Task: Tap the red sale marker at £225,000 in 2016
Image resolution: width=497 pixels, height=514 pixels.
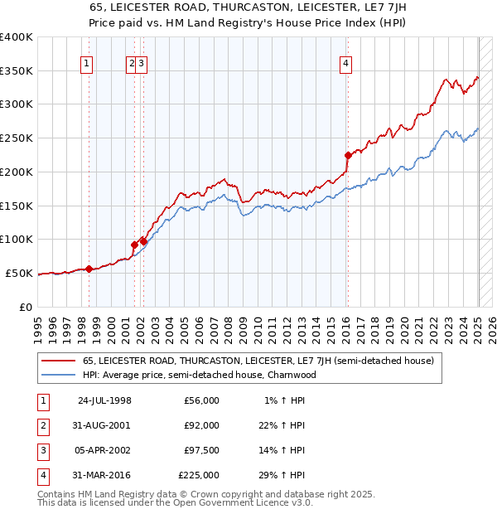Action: pyautogui.click(x=348, y=154)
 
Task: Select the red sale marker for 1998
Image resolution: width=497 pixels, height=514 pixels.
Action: pyautogui.click(x=89, y=269)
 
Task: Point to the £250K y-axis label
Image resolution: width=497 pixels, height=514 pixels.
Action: pyautogui.click(x=17, y=138)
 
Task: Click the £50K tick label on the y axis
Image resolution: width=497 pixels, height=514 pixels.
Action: pyautogui.click(x=20, y=273)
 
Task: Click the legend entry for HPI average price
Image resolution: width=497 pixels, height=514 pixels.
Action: pyautogui.click(x=200, y=375)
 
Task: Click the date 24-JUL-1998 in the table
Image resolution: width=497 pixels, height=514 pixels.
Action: pyautogui.click(x=104, y=400)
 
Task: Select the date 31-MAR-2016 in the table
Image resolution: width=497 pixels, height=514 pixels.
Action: pyautogui.click(x=104, y=475)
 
